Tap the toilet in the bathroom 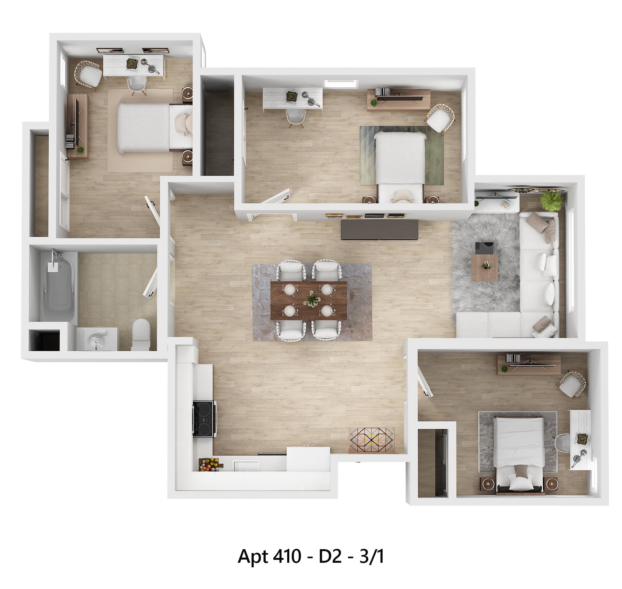tap(141, 334)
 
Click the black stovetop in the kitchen tap(204, 419)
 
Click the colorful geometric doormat tap(372, 440)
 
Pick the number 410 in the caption tap(287, 557)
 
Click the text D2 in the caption tap(330, 557)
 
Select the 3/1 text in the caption tap(372, 557)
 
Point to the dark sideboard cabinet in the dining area tap(379, 230)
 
